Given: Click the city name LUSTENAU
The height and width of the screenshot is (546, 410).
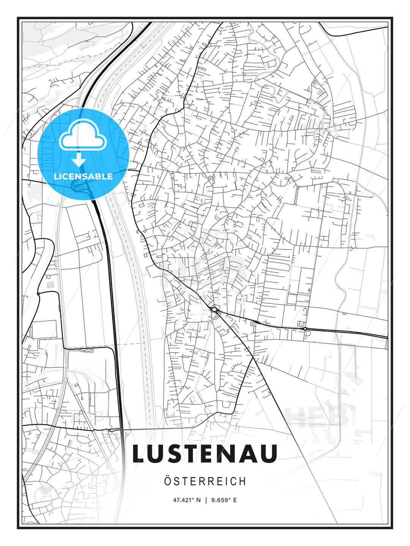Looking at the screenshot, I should pos(205,454).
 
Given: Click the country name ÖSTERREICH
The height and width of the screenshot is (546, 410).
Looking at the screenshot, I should pos(205,481).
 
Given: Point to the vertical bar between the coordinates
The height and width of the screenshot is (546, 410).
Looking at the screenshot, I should pos(205,500).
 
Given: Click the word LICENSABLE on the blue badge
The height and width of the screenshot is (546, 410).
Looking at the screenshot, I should pos(83,176).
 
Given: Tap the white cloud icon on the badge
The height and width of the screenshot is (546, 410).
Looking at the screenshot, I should pos(83,135).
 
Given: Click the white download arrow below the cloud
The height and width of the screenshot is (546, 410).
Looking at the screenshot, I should pos(79,160).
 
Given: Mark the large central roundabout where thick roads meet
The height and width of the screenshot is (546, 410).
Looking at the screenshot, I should pos(214,310).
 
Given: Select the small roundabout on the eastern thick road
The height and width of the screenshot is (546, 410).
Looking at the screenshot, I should pos(305,328).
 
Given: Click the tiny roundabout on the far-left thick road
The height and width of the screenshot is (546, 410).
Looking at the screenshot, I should pos(38,294).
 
